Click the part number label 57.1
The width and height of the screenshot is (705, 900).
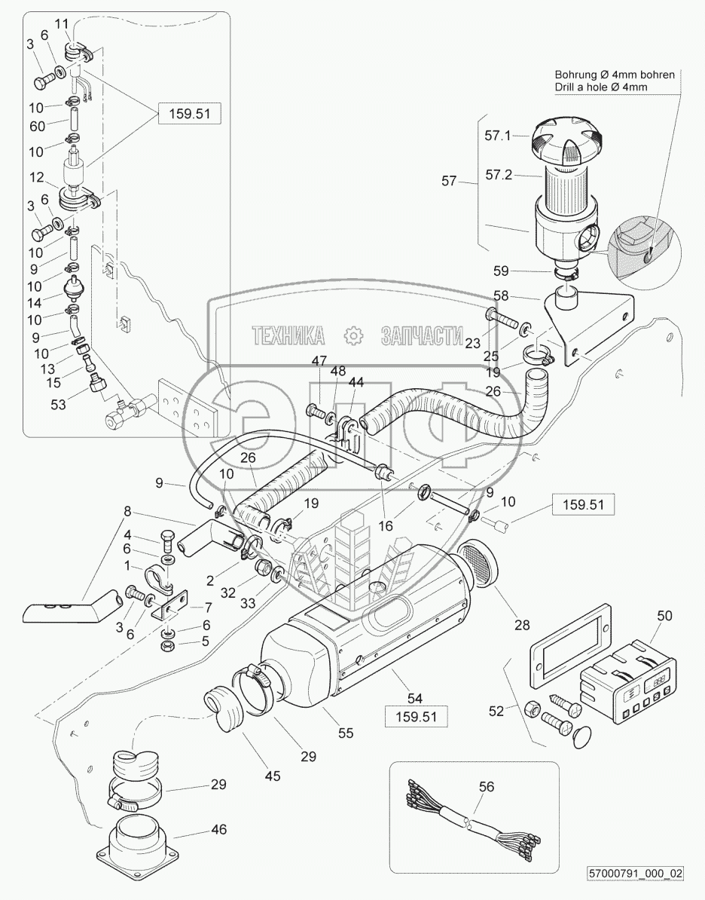pos(497,136)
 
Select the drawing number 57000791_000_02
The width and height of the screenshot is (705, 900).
pos(636,873)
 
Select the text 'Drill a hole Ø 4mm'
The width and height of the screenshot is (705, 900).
pos(601,87)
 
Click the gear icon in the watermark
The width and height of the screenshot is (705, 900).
pos(352,336)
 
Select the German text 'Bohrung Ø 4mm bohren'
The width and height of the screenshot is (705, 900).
pos(615,75)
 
